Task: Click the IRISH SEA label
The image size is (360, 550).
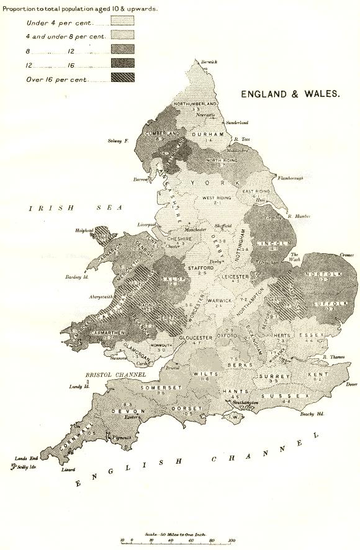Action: point(73,209)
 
